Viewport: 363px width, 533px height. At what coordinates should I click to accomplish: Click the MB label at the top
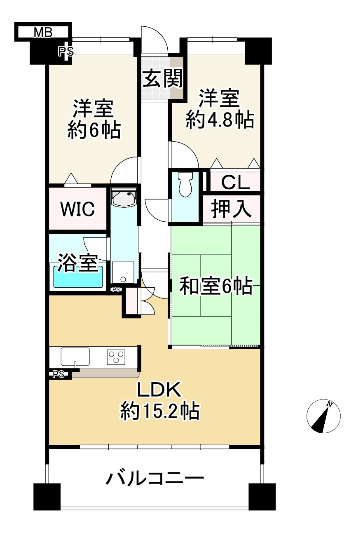click(x=42, y=33)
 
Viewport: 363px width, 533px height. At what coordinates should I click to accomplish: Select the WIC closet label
click(x=77, y=209)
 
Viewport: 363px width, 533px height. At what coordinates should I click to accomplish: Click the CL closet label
click(x=235, y=183)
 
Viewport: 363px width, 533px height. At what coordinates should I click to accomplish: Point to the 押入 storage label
click(x=231, y=209)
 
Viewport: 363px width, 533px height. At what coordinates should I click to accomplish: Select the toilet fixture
click(x=185, y=185)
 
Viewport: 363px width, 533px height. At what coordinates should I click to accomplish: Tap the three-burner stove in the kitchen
click(x=116, y=357)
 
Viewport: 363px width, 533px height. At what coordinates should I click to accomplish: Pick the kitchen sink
click(x=75, y=357)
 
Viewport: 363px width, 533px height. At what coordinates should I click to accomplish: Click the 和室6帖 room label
click(x=215, y=287)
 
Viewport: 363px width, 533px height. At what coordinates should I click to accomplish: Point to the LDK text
click(x=159, y=390)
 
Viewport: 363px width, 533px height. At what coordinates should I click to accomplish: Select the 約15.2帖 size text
click(x=160, y=411)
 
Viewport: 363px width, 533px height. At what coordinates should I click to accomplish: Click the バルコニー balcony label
click(x=155, y=479)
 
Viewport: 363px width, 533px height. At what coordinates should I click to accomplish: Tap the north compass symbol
click(x=323, y=416)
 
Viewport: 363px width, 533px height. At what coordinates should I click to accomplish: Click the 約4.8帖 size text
click(x=219, y=120)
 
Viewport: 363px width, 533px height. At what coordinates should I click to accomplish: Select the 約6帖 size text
click(x=94, y=131)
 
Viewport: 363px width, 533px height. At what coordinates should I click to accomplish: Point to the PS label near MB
click(x=66, y=52)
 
